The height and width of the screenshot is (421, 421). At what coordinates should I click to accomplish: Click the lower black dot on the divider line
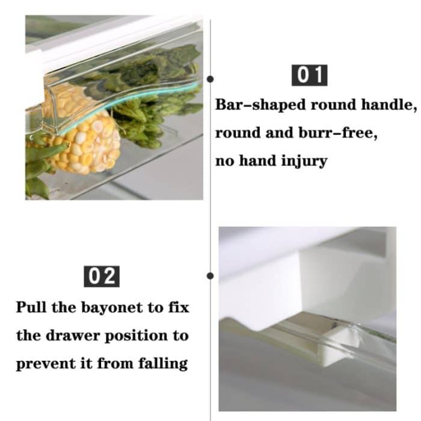pyautogui.click(x=210, y=276)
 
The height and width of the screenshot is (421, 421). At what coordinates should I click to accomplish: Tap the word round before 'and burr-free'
pyautogui.click(x=238, y=134)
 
